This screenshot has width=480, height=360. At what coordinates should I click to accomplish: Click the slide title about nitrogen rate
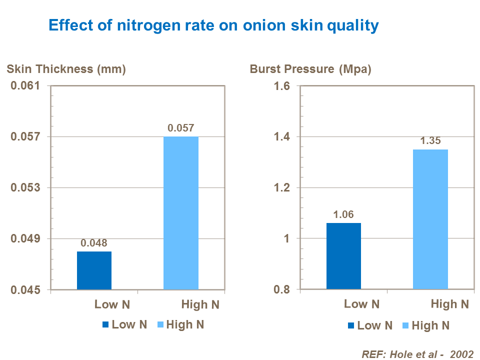(x=212, y=25)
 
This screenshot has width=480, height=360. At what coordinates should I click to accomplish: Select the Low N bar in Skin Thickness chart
(x=94, y=270)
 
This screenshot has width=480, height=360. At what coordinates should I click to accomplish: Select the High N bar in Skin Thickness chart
(x=181, y=213)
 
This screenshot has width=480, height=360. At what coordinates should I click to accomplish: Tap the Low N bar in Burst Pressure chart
(x=343, y=256)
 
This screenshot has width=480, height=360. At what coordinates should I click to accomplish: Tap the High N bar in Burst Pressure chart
(x=430, y=219)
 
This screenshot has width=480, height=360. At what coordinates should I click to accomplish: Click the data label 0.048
(x=94, y=243)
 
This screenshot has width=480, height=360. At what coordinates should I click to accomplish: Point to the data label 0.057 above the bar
(x=181, y=128)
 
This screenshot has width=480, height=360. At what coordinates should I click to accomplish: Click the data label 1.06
(x=343, y=214)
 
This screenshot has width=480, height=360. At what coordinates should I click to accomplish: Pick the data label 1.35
(x=430, y=141)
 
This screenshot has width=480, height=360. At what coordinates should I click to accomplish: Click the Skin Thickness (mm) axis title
(x=66, y=69)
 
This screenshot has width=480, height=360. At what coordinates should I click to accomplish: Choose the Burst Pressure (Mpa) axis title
(x=310, y=69)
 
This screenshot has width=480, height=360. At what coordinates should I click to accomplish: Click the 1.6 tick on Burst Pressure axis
(x=282, y=86)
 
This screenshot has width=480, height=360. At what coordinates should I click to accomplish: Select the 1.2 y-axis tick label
(x=282, y=188)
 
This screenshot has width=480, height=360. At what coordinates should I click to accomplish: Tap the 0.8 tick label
(x=282, y=289)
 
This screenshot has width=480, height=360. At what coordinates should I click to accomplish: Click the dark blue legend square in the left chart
(x=105, y=325)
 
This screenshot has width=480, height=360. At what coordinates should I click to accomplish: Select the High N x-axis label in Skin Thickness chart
(x=200, y=304)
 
